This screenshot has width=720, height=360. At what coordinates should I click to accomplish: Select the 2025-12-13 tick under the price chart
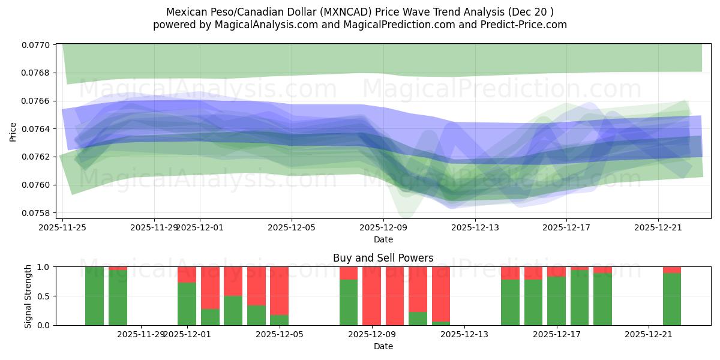(x=475, y=227)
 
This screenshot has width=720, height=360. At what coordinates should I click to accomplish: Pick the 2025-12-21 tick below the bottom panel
(x=649, y=334)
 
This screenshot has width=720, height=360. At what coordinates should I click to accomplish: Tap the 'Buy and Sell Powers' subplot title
(x=383, y=259)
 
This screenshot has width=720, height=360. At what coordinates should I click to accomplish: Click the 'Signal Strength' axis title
(x=28, y=296)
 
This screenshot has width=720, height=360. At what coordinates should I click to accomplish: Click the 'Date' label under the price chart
(x=383, y=239)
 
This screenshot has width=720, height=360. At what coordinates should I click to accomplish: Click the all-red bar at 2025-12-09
(x=371, y=296)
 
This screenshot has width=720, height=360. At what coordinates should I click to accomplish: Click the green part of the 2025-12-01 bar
(x=187, y=304)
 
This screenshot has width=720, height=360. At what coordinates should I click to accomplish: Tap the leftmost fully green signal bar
(x=94, y=296)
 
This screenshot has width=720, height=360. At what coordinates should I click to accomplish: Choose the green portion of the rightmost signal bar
(x=672, y=299)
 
